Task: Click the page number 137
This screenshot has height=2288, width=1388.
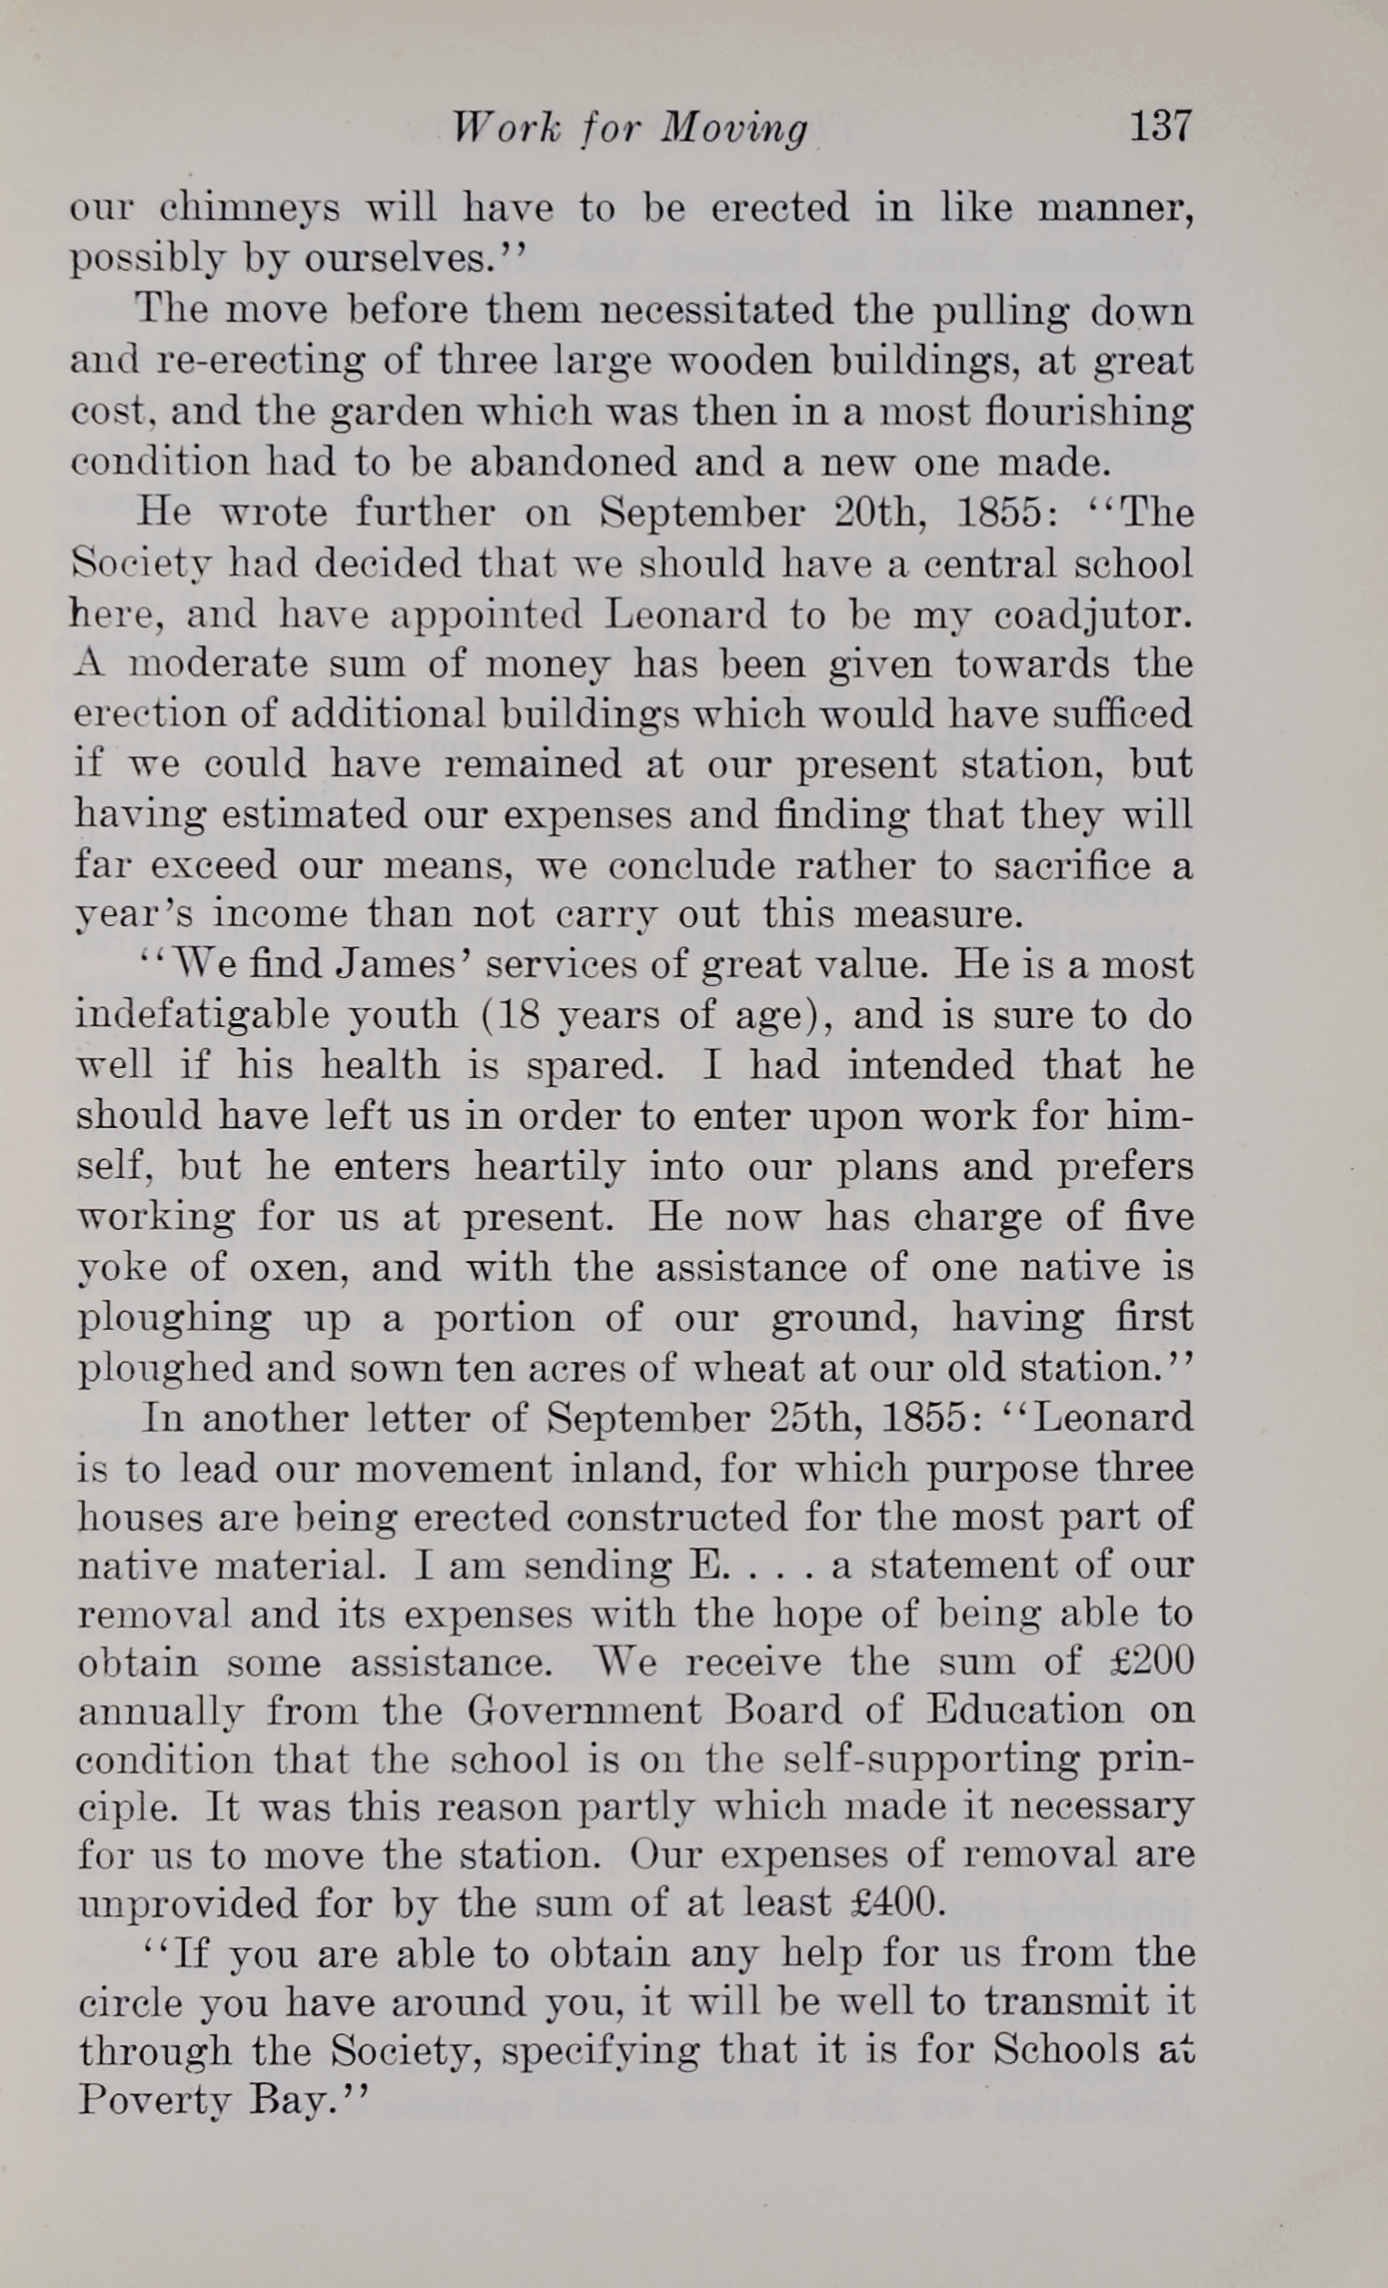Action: click(1160, 127)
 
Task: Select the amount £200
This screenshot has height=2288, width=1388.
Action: click(1152, 1661)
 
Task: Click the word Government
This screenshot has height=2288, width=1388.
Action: click(585, 1711)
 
